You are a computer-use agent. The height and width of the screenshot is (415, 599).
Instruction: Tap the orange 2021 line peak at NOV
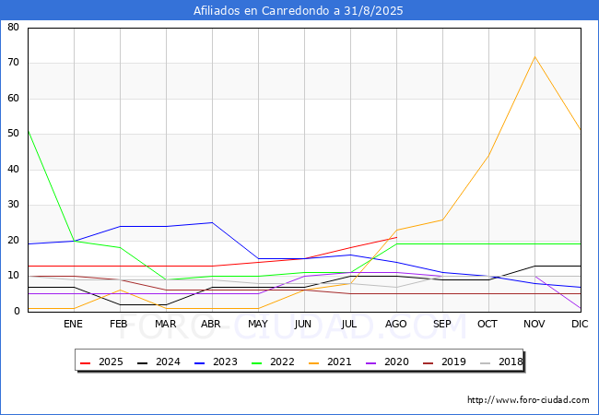(534, 57)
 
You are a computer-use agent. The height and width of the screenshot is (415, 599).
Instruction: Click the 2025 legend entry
(101, 362)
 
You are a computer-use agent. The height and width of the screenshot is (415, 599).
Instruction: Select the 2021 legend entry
(330, 362)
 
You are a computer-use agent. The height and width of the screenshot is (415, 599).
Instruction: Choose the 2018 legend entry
(501, 362)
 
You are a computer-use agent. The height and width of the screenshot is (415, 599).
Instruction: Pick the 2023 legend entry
(216, 362)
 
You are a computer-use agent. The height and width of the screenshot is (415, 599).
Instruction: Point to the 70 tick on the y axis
(14, 63)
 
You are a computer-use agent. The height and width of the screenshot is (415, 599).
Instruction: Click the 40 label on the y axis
(14, 169)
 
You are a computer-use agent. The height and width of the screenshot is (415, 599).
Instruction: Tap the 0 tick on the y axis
(17, 311)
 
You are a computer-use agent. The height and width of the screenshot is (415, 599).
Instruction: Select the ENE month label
(73, 324)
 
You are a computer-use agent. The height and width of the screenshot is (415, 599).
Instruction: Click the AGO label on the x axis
(395, 324)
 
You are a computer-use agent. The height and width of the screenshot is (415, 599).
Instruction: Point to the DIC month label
(580, 324)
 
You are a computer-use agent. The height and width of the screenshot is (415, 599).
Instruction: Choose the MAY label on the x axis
(258, 324)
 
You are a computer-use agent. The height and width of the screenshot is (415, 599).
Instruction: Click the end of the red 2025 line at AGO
(396, 237)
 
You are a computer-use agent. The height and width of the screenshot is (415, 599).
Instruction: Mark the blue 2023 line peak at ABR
(212, 223)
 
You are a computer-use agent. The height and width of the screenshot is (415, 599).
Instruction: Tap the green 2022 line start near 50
(29, 131)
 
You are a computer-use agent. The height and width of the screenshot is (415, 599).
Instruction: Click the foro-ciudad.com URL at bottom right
(528, 400)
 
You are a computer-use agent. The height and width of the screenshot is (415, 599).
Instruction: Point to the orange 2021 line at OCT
(488, 155)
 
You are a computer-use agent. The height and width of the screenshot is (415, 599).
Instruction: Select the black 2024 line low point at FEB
(121, 304)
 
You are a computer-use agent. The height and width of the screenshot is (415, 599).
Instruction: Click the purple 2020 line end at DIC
(581, 308)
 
